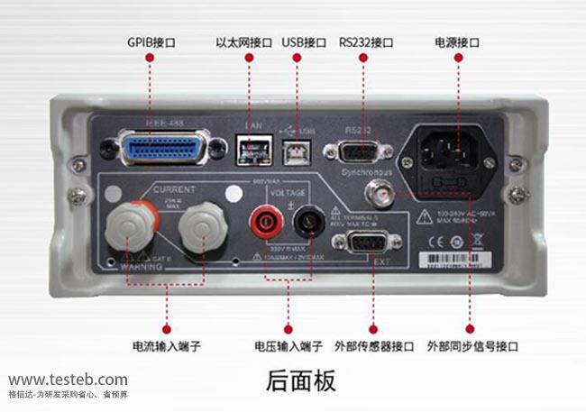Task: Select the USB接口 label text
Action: coord(304,41)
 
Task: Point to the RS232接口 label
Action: coord(366,41)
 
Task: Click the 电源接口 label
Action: coord(456,41)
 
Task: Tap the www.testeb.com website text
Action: coord(69,380)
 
